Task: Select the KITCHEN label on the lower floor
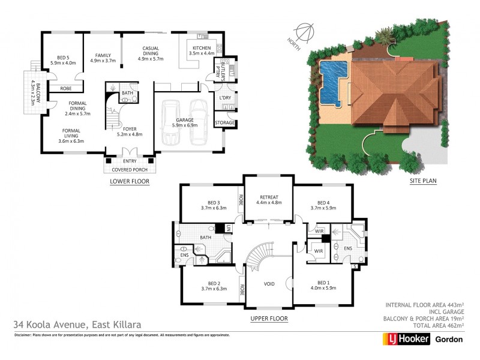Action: coord(201,48)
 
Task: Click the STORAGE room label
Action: coord(225,124)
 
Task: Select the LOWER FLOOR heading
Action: coord(129,181)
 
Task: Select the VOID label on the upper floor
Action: coord(269,284)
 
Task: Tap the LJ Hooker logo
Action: coord(406,339)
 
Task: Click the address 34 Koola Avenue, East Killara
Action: coord(77,325)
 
